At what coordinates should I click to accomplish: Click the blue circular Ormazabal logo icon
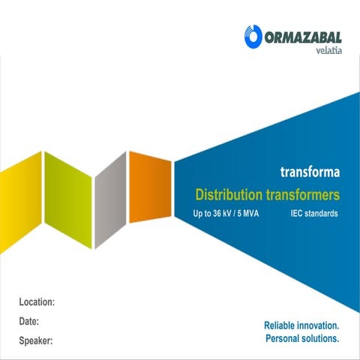pyautogui.click(x=252, y=36)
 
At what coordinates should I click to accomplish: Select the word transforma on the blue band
pyautogui.click(x=310, y=172)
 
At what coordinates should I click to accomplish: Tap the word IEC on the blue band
pyautogui.click(x=298, y=214)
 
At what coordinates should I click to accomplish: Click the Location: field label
pyautogui.click(x=37, y=301)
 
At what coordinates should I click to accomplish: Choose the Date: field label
pyautogui.click(x=29, y=321)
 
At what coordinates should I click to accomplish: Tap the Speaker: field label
pyautogui.click(x=35, y=341)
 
